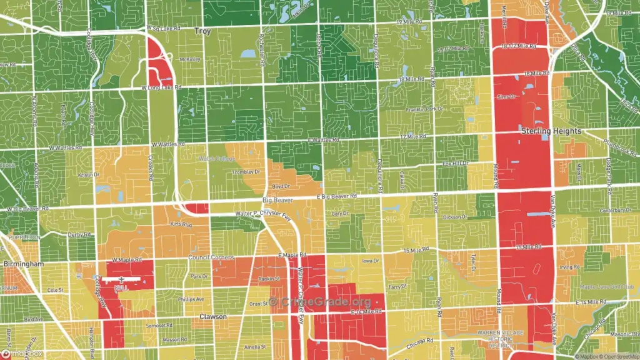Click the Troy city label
(202, 31)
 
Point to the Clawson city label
(212, 317)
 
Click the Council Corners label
(211, 257)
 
